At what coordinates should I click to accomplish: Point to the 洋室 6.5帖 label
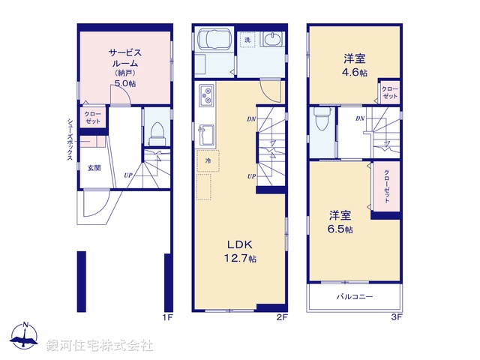coord(340,221)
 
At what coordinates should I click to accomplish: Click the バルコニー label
coord(354,298)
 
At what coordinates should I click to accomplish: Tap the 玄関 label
coord(94,167)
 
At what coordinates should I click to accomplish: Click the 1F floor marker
coord(168,318)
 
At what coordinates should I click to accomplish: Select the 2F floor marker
coord(281,318)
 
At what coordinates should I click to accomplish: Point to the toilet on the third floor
coord(322,119)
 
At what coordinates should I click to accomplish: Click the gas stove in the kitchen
coord(206,96)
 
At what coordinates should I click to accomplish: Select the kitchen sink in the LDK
coord(204,136)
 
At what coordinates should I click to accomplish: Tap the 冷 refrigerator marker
coord(208,160)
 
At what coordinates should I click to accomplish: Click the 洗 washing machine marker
coord(247,39)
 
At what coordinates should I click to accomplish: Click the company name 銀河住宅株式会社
coord(100,346)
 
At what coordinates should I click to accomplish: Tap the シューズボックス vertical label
coord(70,138)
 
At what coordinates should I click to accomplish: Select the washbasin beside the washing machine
coord(274,39)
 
